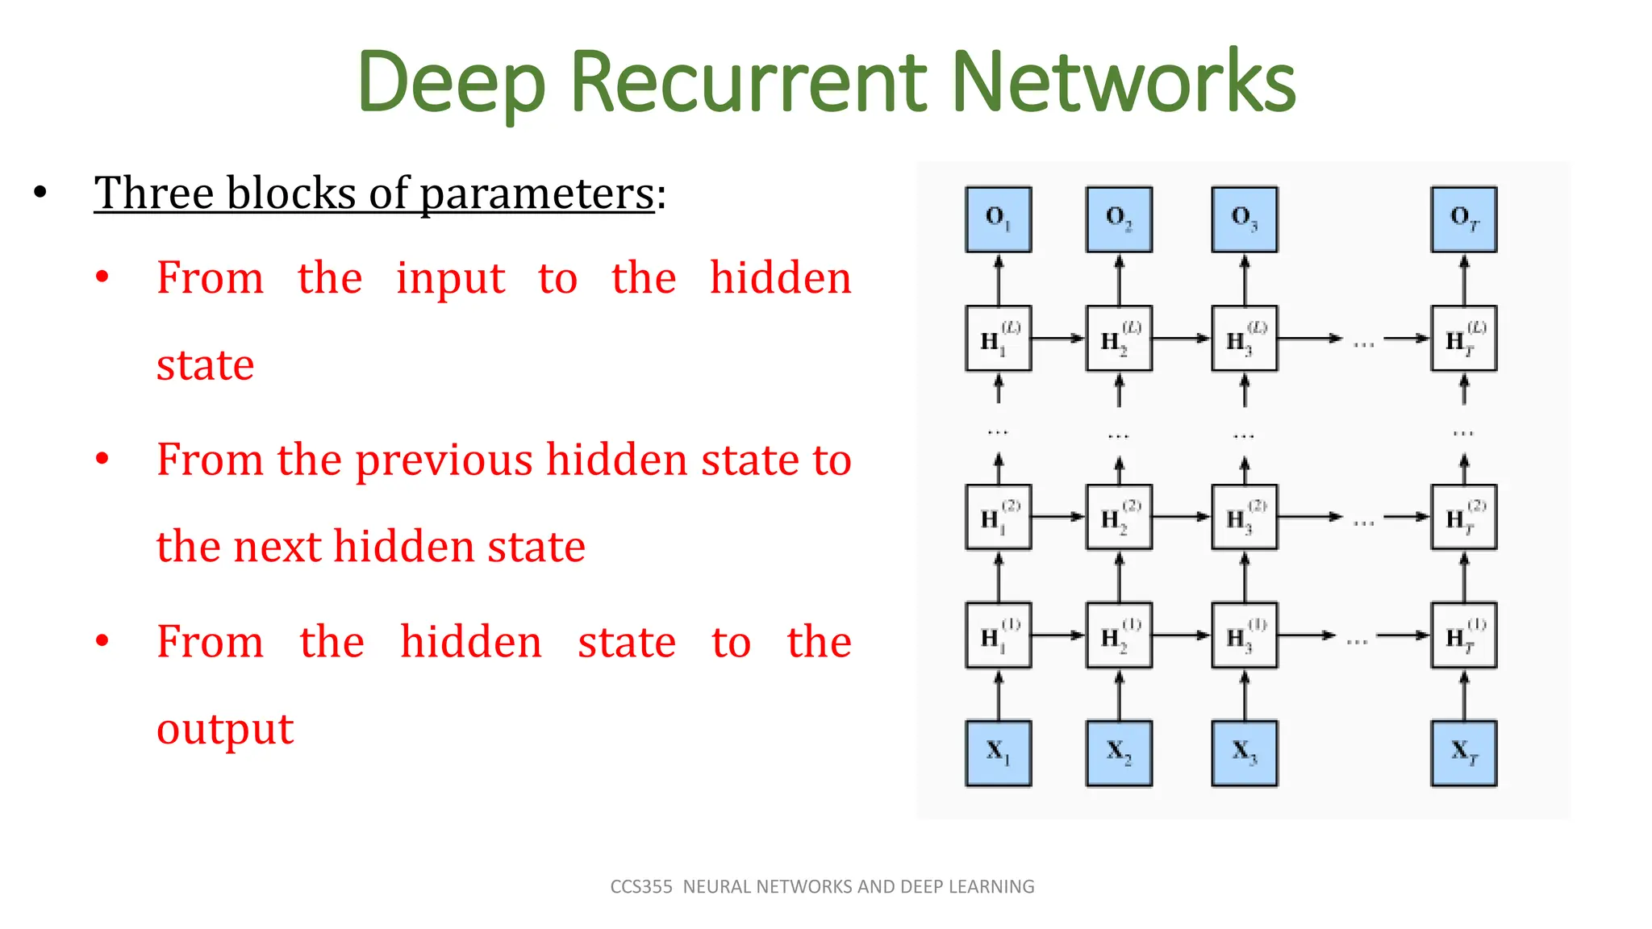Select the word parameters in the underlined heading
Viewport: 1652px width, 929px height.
[x=536, y=194]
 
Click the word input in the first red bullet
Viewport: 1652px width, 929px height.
[x=450, y=279]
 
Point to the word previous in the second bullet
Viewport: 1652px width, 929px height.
[x=444, y=460]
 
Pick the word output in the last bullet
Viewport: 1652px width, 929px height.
[x=225, y=730]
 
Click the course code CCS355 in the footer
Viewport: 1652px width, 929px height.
[x=641, y=887]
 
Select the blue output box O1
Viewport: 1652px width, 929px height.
[x=998, y=219]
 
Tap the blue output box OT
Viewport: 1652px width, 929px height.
[x=1463, y=219]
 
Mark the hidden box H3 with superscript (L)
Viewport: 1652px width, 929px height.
[x=1244, y=339]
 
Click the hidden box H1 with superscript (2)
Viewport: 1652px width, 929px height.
[x=998, y=517]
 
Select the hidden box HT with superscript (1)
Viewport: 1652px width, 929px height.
[x=1463, y=635]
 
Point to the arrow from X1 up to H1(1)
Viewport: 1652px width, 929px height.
[x=999, y=695]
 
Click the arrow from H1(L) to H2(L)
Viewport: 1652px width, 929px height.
[x=1058, y=339]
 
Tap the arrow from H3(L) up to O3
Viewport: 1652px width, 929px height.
[x=1245, y=279]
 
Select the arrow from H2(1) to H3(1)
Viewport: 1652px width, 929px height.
[x=1182, y=635]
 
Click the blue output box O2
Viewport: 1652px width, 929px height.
[x=1119, y=219]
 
